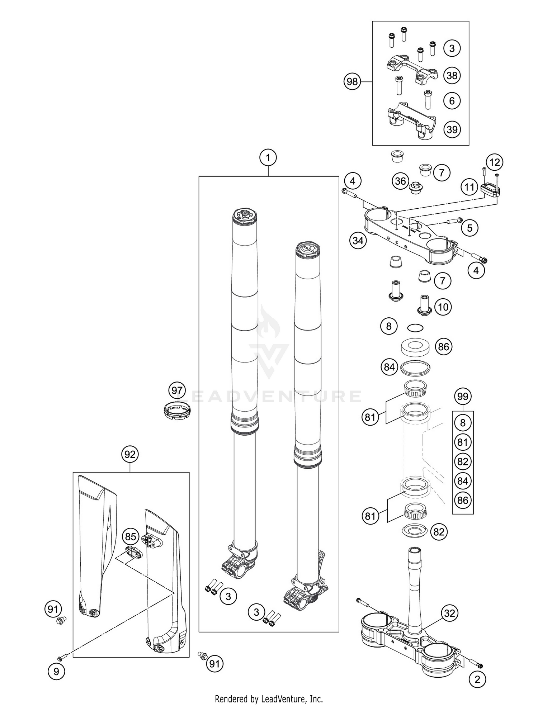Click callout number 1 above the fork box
click(268, 157)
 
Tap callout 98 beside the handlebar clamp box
click(352, 82)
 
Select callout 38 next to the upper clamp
click(452, 75)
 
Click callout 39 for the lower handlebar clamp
click(452, 129)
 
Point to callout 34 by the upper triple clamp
click(358, 241)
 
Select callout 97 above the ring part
click(177, 390)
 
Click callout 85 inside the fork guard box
click(131, 537)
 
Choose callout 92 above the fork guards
click(130, 454)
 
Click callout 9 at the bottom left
click(56, 671)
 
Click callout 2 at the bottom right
click(477, 679)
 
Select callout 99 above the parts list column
click(463, 397)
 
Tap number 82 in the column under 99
click(463, 461)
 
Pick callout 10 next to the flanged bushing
click(443, 307)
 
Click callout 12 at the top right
click(495, 162)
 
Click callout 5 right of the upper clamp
click(470, 227)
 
